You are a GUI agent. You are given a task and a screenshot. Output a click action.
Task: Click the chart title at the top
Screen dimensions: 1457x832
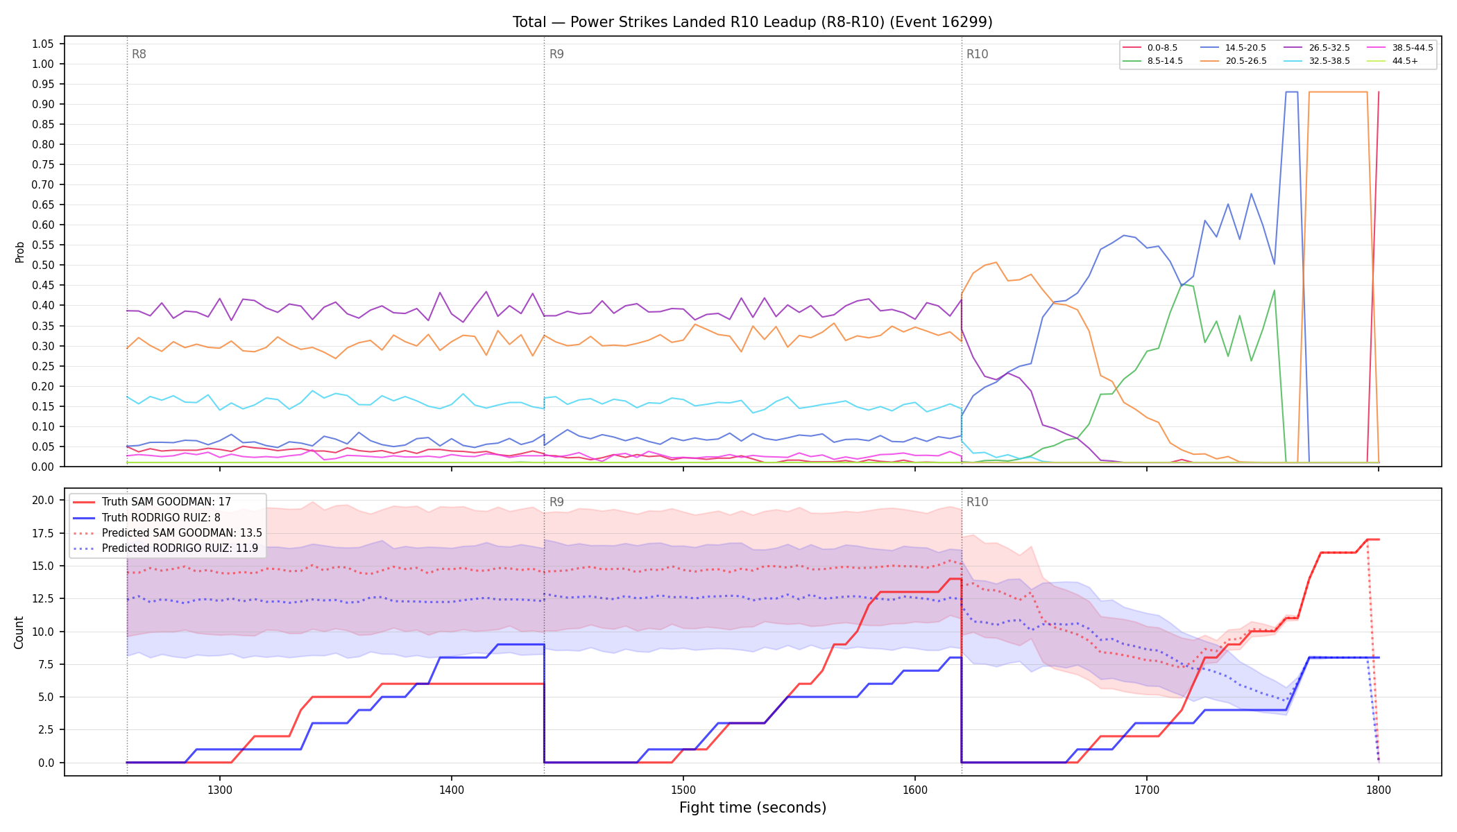752,22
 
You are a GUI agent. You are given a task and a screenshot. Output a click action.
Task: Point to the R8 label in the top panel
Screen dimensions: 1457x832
139,54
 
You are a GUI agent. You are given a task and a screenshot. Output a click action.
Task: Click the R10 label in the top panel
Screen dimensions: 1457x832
977,54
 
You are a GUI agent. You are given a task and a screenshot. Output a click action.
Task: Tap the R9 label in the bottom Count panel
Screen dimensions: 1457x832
556,502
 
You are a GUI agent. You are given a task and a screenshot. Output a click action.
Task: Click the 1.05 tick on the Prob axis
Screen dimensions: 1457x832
43,44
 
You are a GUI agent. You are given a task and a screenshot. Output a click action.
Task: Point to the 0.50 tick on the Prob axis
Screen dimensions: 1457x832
43,265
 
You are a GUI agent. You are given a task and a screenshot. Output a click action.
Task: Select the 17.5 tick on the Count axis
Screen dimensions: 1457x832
43,533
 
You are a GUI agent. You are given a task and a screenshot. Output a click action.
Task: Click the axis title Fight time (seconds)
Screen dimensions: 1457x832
753,808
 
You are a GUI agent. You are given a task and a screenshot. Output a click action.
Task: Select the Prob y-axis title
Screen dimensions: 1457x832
19,252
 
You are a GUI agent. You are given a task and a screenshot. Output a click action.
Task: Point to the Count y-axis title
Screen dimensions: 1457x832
19,632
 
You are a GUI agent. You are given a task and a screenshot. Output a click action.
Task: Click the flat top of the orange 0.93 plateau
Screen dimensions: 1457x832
1338,92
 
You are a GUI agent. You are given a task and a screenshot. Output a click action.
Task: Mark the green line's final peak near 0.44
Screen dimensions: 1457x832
1275,291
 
